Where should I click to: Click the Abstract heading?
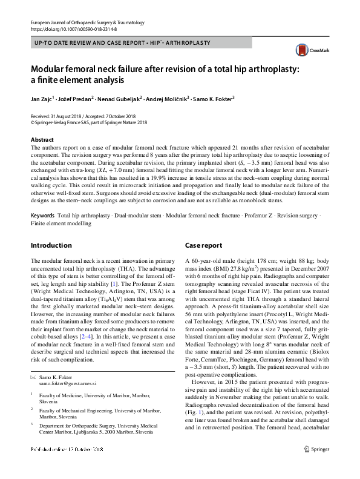[42, 139]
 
